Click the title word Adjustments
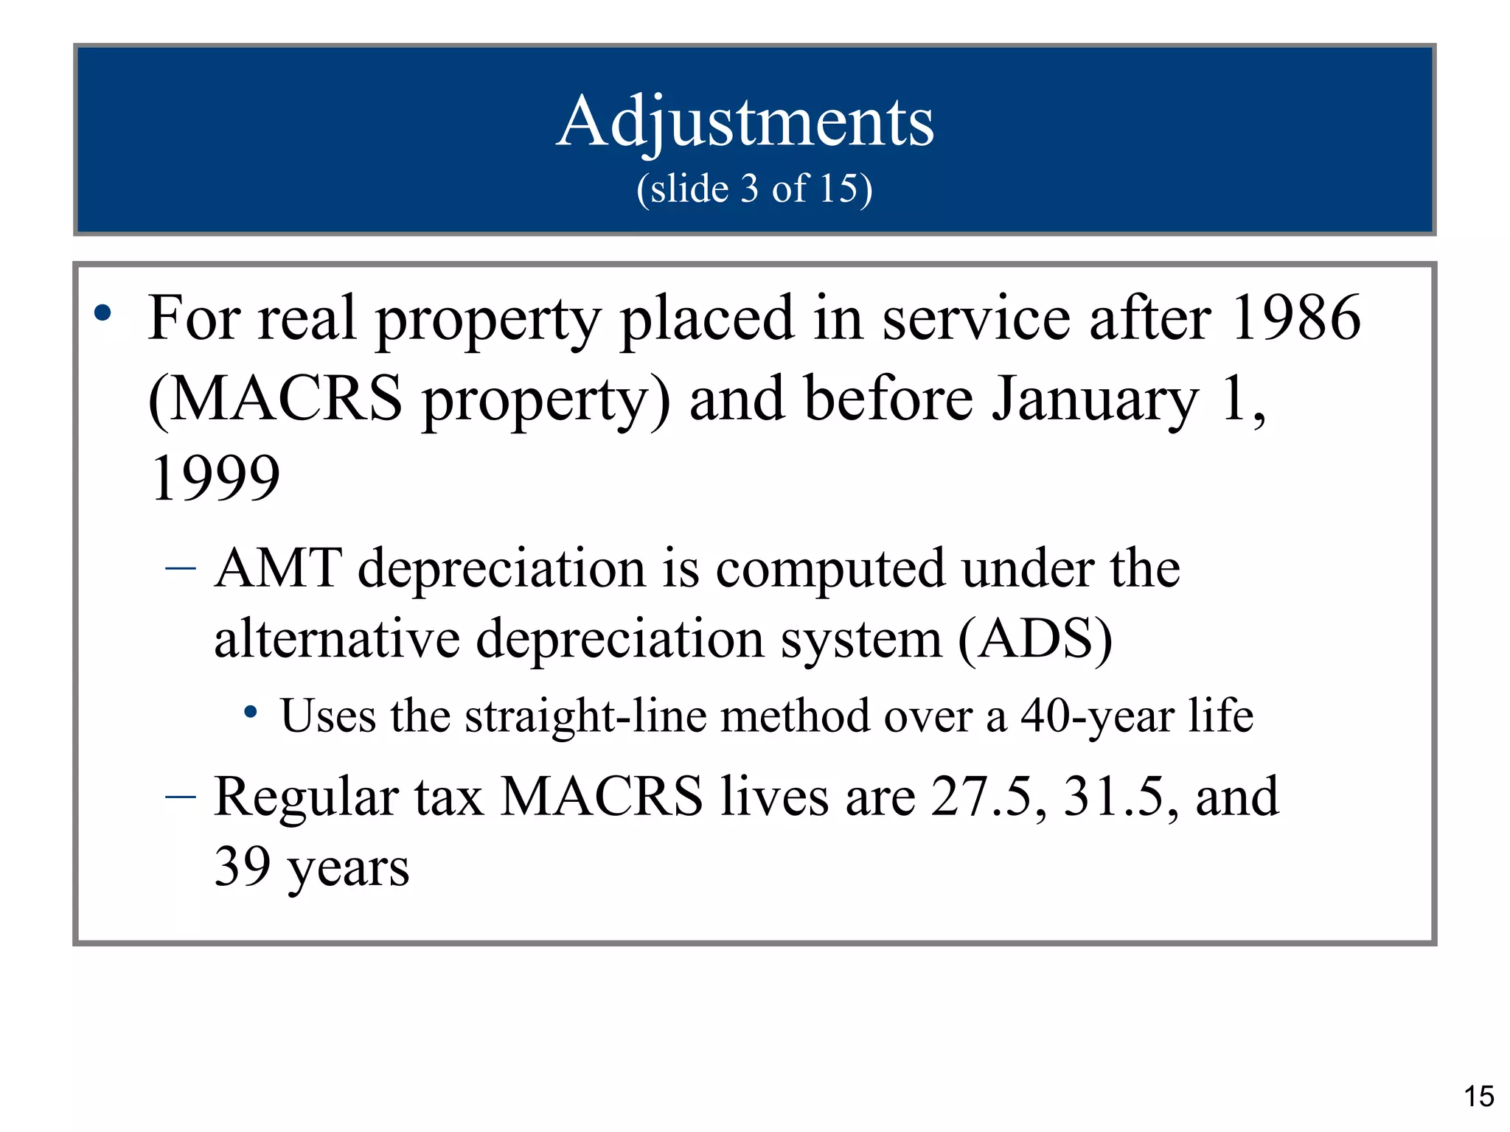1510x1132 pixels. click(x=745, y=122)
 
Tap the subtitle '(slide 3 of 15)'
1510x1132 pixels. click(x=754, y=189)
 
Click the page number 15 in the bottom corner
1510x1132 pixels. click(x=1478, y=1097)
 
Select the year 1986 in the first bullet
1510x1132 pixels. click(x=1295, y=318)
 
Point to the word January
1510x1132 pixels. click(x=1095, y=400)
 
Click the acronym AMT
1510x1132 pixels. click(x=278, y=569)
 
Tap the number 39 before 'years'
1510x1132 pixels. click(x=242, y=867)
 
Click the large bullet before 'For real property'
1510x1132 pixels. click(x=103, y=313)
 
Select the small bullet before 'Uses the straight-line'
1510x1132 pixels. click(x=251, y=712)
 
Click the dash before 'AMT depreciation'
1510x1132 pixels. click(x=181, y=568)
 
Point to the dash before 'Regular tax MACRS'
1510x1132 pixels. click(x=181, y=797)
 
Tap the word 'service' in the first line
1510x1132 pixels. click(x=976, y=318)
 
